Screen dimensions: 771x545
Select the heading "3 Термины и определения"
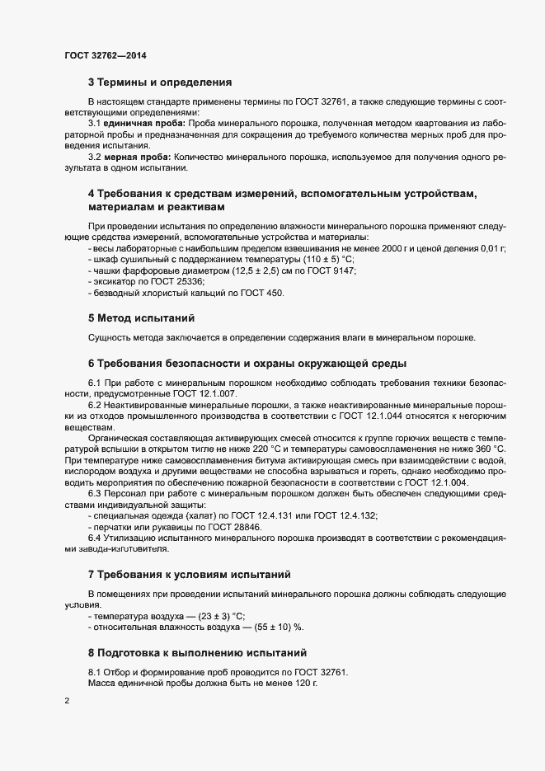coord(159,82)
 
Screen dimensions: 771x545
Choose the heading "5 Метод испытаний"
coord(141,317)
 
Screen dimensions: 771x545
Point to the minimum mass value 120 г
coord(303,684)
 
